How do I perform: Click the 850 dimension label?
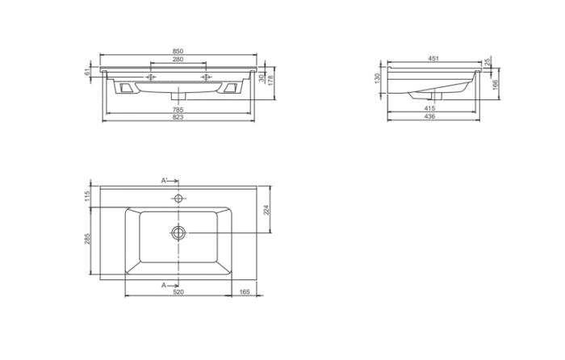tap(178, 51)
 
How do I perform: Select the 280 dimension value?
tap(178, 59)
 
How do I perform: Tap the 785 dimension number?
tap(178, 109)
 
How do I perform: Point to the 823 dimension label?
tap(178, 117)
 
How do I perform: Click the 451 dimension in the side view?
tap(433, 58)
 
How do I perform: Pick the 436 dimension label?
tap(429, 116)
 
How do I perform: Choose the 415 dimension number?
tap(429, 108)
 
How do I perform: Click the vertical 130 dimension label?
tap(377, 77)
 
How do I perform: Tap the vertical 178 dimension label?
tap(270, 80)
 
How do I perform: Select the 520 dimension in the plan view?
tap(178, 292)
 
